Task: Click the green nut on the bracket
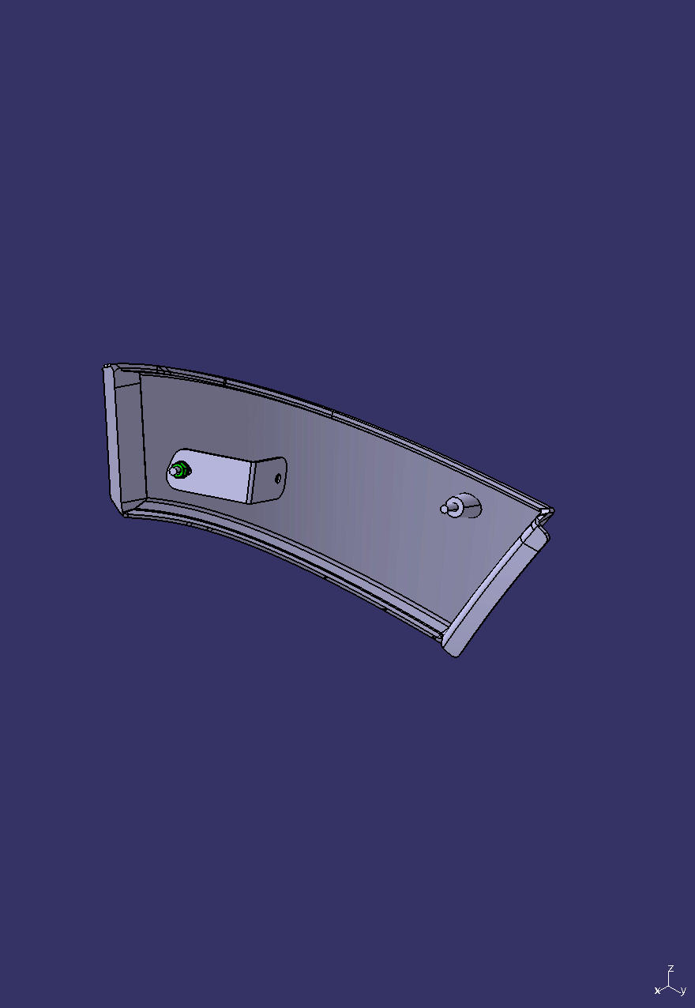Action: click(x=180, y=472)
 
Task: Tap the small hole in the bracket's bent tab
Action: click(x=278, y=478)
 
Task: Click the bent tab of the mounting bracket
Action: click(x=269, y=480)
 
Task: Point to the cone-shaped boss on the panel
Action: click(x=466, y=506)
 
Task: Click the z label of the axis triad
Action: click(x=671, y=969)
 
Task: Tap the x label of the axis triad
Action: click(x=657, y=991)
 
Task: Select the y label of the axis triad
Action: click(x=682, y=991)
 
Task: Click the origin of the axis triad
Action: click(x=670, y=985)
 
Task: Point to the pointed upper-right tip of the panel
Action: click(x=552, y=511)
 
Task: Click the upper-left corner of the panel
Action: click(x=106, y=367)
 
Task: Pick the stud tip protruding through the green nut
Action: click(x=173, y=472)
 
